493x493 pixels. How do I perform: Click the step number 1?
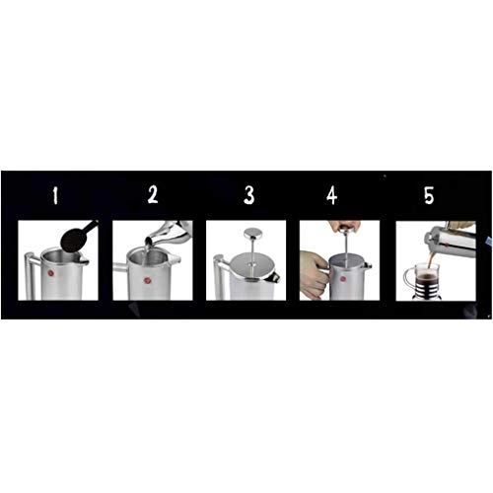[56, 195]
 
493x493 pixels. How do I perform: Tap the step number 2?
[153, 195]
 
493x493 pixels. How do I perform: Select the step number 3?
[249, 195]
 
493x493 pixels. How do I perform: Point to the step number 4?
[331, 195]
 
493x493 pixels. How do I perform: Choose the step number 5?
[428, 195]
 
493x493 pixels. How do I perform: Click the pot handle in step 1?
[29, 276]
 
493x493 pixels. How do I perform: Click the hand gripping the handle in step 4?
[313, 274]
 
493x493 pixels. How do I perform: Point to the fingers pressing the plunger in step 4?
[344, 227]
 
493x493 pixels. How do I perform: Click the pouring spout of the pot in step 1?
[81, 259]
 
